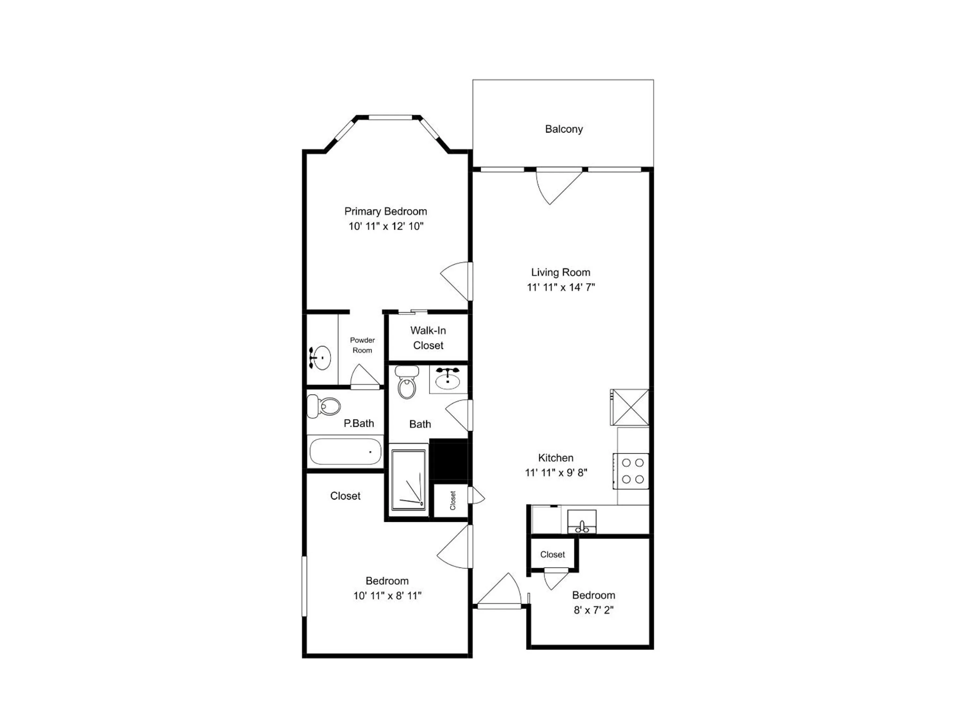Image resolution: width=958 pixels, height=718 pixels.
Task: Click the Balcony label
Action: point(563,129)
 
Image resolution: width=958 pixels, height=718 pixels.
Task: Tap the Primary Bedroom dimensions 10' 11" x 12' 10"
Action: point(386,226)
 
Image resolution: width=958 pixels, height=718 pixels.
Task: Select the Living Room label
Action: point(560,272)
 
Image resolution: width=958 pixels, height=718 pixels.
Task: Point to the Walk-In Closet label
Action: point(428,338)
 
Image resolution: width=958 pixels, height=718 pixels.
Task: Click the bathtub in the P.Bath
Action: point(345,451)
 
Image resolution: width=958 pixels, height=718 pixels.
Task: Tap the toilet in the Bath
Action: point(407,382)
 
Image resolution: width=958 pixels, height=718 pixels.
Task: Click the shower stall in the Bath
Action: point(408,480)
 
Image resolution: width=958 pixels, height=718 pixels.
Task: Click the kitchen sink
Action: point(582,522)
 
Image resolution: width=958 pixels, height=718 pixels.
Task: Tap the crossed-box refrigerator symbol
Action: point(630,407)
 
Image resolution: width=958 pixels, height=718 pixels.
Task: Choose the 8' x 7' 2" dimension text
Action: point(593,610)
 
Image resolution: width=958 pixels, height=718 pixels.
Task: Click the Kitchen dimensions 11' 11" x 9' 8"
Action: point(556,473)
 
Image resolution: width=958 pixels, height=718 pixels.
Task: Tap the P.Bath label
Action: point(359,423)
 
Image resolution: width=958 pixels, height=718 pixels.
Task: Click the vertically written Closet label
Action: point(453,500)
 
